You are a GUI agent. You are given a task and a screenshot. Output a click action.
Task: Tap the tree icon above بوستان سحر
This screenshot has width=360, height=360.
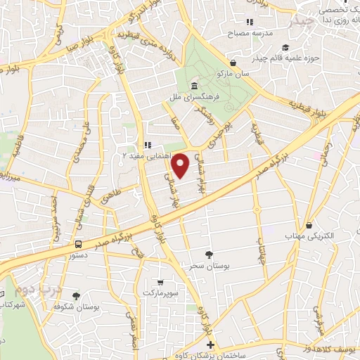[208, 255]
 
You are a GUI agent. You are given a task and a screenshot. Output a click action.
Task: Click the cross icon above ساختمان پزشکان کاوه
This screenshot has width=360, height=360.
[211, 346]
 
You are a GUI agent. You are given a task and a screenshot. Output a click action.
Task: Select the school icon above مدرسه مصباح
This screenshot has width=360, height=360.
[250, 22]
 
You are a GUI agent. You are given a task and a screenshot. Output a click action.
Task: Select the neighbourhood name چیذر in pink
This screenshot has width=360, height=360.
[304, 22]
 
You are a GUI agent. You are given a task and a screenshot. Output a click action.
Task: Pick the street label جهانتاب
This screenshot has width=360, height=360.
[261, 247]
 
